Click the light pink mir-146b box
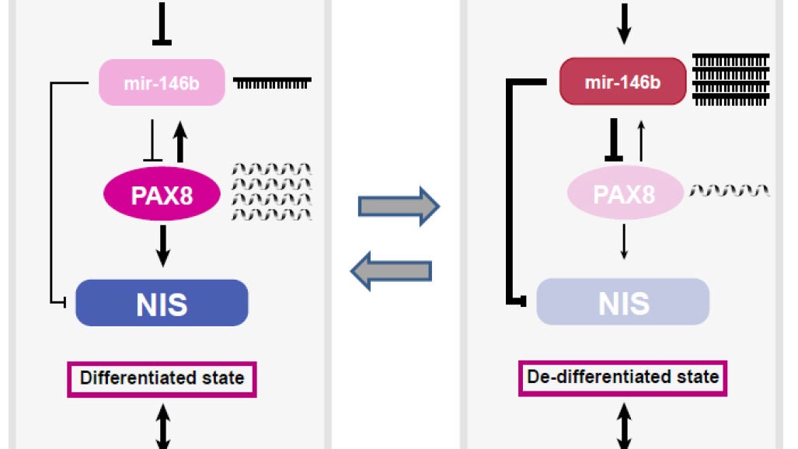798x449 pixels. click(x=162, y=82)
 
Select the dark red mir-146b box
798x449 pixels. click(x=622, y=82)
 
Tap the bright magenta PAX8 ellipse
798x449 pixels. click(x=162, y=194)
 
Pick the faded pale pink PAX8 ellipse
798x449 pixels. click(x=625, y=193)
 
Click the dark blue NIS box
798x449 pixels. click(x=162, y=303)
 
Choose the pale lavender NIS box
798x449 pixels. click(x=623, y=301)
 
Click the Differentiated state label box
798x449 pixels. click(x=162, y=379)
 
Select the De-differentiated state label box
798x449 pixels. click(x=622, y=378)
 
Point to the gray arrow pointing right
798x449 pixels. click(x=399, y=206)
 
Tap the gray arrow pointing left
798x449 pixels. click(x=391, y=271)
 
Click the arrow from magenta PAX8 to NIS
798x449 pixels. click(x=163, y=246)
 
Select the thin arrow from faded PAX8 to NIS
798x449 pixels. click(x=624, y=242)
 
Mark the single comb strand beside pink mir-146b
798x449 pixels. click(x=272, y=83)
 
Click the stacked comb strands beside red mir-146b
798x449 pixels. click(x=731, y=80)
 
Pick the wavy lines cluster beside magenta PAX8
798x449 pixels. click(x=272, y=192)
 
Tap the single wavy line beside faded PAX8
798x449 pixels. click(x=730, y=190)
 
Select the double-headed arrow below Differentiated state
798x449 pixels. click(x=163, y=426)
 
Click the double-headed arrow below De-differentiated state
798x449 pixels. click(x=624, y=426)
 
